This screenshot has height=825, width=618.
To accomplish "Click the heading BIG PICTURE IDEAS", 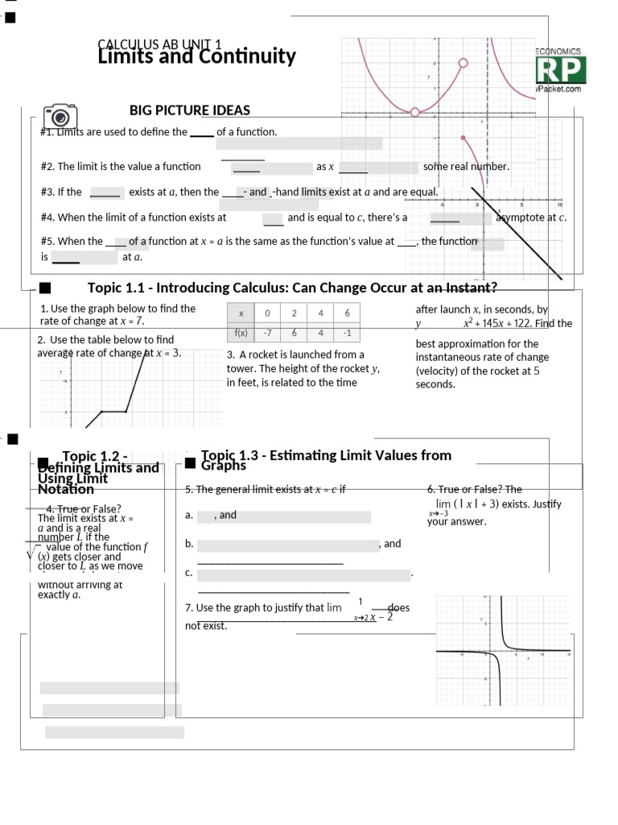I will [190, 110].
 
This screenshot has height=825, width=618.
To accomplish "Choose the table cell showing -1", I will [347, 333].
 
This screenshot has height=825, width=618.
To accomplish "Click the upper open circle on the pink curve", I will [463, 63].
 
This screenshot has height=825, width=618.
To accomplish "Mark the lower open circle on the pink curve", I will [414, 112].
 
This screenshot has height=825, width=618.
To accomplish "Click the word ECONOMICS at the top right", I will [558, 52].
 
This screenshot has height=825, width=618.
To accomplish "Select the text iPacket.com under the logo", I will [558, 89].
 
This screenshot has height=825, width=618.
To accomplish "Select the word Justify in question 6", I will [546, 504].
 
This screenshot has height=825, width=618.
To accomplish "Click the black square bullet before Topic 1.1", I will [45, 288].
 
